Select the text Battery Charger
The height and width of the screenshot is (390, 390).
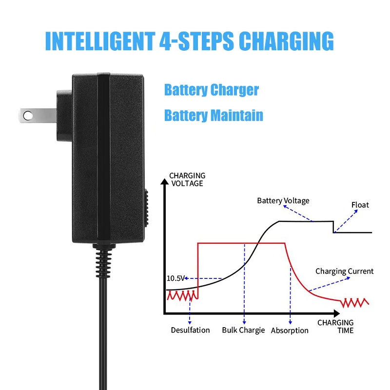(211, 90)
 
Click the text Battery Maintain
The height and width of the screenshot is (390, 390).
(214, 116)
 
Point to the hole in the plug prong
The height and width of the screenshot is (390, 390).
(28, 115)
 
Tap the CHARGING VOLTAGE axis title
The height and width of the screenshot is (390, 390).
(187, 179)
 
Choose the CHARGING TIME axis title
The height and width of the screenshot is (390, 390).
(335, 326)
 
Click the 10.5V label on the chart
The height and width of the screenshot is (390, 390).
(175, 278)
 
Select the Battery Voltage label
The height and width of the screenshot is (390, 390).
(283, 200)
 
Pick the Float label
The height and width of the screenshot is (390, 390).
(360, 205)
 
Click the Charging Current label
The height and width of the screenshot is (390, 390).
(344, 271)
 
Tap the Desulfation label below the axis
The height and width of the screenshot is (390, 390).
(190, 330)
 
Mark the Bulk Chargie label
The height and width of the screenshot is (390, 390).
(243, 330)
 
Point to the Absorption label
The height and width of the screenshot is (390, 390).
(290, 331)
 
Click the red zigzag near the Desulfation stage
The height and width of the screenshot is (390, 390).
(182, 295)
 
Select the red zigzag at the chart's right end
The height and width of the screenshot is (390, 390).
(354, 303)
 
